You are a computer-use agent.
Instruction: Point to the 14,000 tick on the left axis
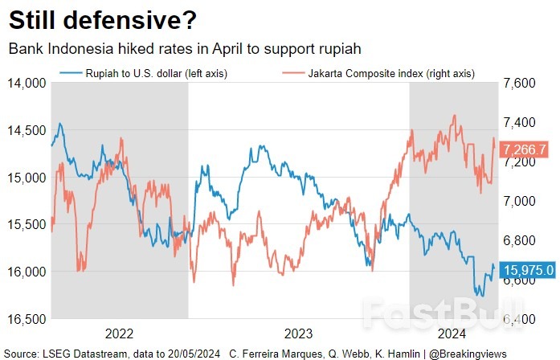(26, 83)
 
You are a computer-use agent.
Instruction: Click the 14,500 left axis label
(26, 130)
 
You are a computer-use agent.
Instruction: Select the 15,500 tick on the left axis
(26, 224)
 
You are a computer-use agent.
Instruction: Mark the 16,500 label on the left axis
(26, 319)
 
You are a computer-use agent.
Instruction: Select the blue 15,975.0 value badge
(527, 270)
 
